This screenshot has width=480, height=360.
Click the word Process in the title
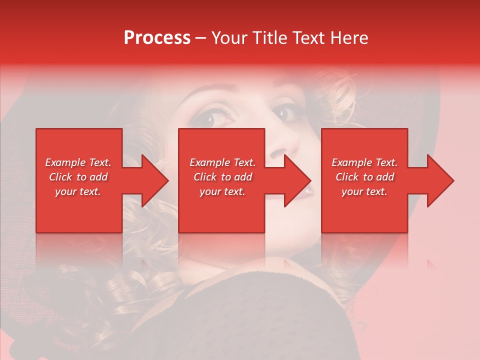(x=157, y=38)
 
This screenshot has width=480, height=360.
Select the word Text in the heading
(x=309, y=38)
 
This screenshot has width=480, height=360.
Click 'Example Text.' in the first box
(x=78, y=162)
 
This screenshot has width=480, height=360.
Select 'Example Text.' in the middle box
(x=222, y=162)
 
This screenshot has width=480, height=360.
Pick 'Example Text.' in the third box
(x=364, y=162)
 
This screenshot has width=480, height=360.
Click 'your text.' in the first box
(x=78, y=191)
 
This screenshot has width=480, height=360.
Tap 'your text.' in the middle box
(x=222, y=191)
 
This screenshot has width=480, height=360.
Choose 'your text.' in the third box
(x=364, y=191)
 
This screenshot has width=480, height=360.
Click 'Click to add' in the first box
(x=78, y=177)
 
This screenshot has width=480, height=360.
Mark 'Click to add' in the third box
(x=364, y=177)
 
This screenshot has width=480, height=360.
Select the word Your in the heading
(x=228, y=38)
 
